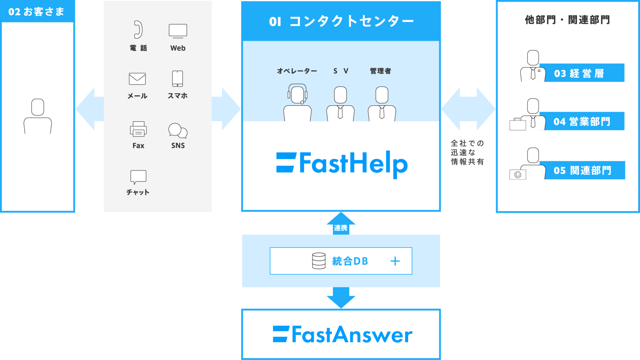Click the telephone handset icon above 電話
pyautogui.click(x=138, y=30)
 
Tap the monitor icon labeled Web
pyautogui.click(x=178, y=31)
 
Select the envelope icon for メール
pyautogui.click(x=137, y=79)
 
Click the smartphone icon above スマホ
pyautogui.click(x=177, y=78)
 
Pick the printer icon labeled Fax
pyautogui.click(x=138, y=129)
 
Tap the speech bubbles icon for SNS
pyautogui.click(x=178, y=130)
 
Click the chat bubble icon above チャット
pyautogui.click(x=138, y=177)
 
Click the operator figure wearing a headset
pyautogui.click(x=297, y=102)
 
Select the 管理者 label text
pyautogui.click(x=380, y=71)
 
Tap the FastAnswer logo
pyautogui.click(x=342, y=334)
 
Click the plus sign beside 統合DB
pyautogui.click(x=395, y=261)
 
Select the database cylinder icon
pyautogui.click(x=319, y=261)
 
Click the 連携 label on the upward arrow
pyautogui.click(x=341, y=228)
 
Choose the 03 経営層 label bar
pyautogui.click(x=582, y=73)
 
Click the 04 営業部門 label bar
pyautogui.click(x=582, y=121)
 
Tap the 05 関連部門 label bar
pyautogui.click(x=582, y=170)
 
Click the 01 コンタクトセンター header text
pyautogui.click(x=341, y=21)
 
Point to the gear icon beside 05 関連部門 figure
pyautogui.click(x=518, y=175)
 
